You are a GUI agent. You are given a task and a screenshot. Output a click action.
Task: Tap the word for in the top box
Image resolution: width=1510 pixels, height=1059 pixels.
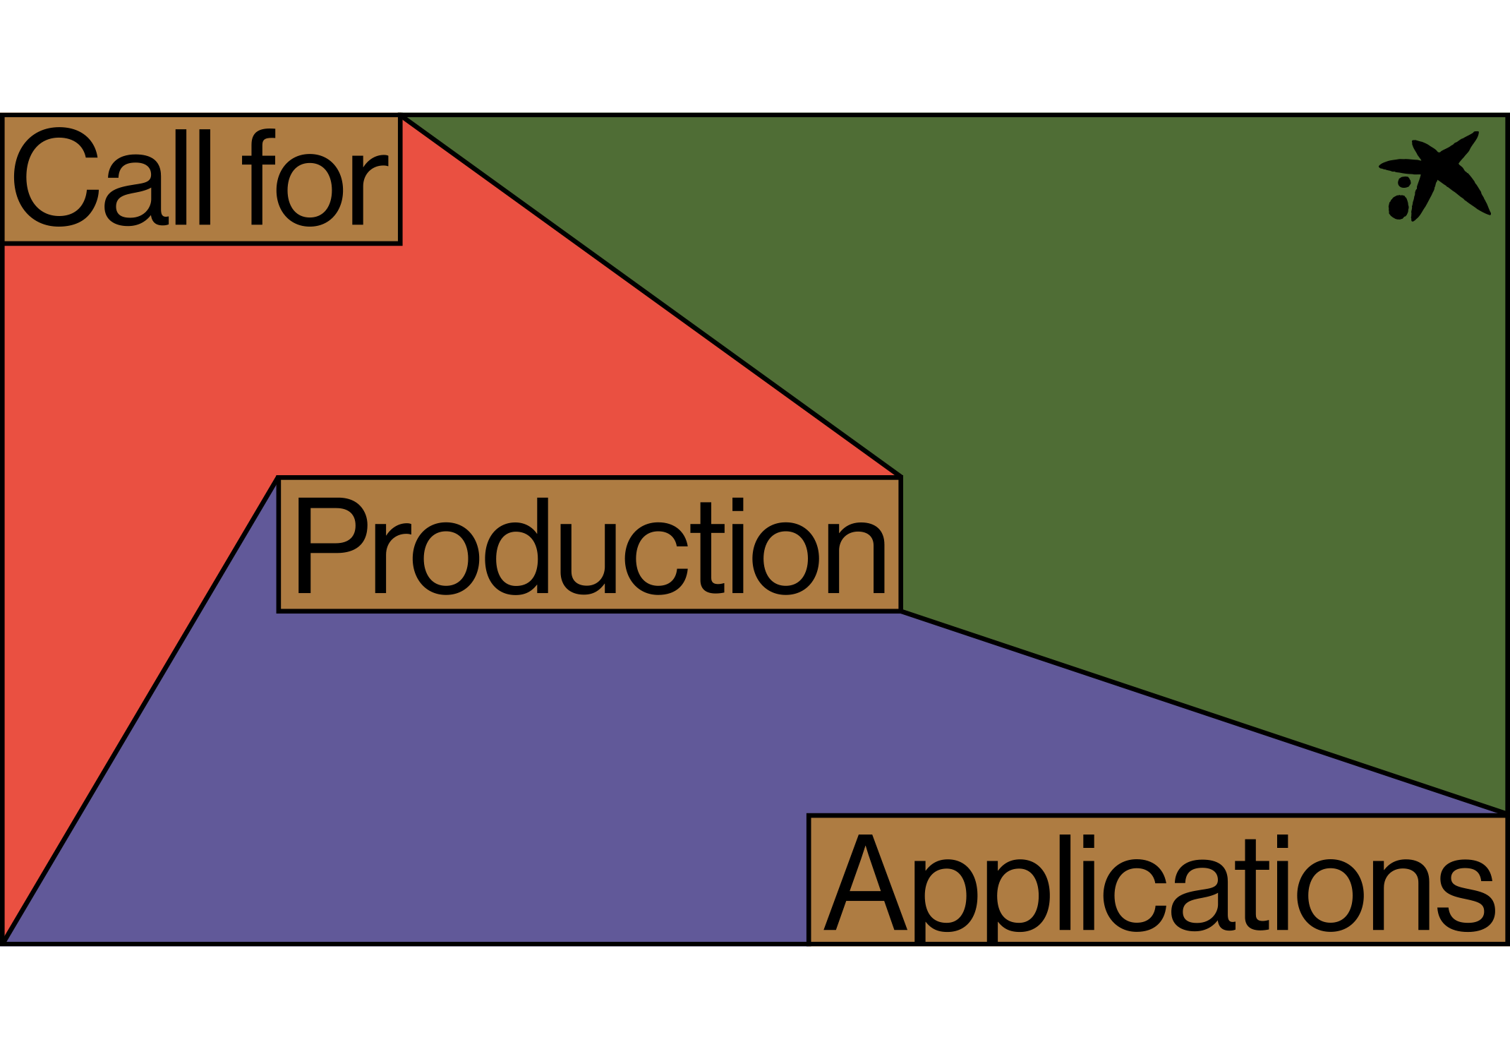click(315, 178)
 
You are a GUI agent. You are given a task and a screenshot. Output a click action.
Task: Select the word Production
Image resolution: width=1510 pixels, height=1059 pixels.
click(590, 545)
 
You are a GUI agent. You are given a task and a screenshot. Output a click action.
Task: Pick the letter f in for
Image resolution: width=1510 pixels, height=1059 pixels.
click(258, 178)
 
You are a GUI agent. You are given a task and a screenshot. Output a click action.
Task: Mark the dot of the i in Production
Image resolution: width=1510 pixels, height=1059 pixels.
click(737, 504)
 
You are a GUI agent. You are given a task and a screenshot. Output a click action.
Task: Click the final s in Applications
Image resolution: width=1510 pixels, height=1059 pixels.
click(1470, 895)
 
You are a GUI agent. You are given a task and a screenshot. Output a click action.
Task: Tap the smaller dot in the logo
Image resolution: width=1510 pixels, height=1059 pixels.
click(1404, 182)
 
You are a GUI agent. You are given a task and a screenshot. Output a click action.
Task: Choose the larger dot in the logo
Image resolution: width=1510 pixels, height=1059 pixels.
click(1399, 207)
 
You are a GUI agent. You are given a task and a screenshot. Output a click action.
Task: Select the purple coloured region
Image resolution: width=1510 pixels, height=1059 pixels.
click(494, 777)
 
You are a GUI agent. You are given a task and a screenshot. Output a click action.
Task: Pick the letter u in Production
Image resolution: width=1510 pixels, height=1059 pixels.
click(587, 558)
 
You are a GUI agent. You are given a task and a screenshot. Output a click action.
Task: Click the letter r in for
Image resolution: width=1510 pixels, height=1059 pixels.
click(368, 189)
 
